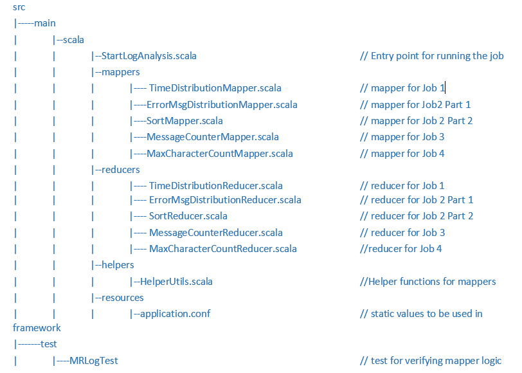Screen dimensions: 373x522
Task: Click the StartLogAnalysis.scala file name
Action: coord(148,56)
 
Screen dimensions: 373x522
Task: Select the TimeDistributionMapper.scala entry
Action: coord(215,88)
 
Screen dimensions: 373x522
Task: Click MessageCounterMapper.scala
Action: coord(212,136)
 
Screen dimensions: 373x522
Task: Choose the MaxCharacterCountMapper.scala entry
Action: coord(219,153)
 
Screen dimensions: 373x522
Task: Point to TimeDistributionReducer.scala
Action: coord(215,185)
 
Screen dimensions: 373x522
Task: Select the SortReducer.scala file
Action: coord(188,216)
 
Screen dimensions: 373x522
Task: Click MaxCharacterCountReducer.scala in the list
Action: coord(222,248)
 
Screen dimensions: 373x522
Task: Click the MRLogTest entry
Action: coord(94,361)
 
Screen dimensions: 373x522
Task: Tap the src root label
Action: coord(19,6)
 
